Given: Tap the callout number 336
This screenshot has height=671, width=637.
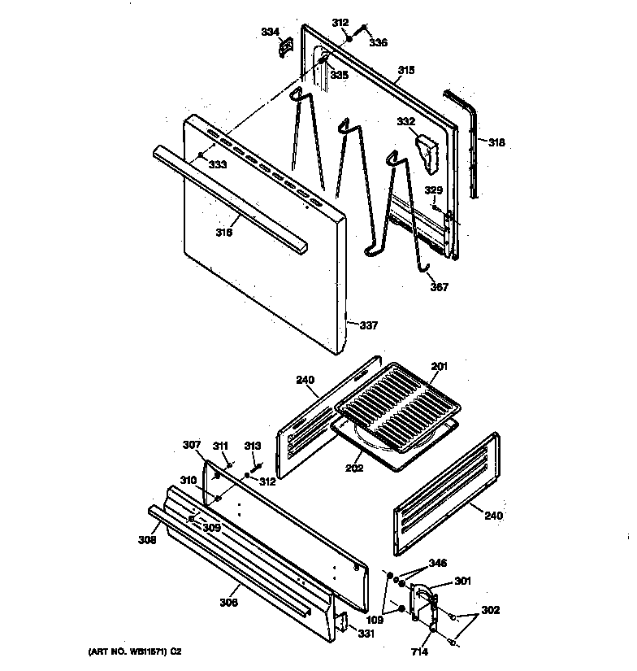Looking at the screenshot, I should pos(379,43).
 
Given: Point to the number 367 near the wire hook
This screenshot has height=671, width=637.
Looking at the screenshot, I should pos(439,286).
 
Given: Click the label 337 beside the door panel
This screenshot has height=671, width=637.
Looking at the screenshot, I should pos(369,325).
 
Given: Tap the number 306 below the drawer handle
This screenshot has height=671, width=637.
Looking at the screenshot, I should pos(230,603).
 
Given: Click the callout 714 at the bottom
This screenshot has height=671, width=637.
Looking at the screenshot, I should pos(418,651).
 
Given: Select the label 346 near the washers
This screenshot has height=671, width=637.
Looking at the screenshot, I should pos(438,563).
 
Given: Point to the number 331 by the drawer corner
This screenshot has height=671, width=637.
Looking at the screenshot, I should pos(367,634).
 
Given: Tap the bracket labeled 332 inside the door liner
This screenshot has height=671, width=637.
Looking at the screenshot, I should pos(426,150).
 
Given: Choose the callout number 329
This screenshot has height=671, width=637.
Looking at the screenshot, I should pos(435,190).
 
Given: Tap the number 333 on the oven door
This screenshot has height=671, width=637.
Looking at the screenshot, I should pos(217,164).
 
